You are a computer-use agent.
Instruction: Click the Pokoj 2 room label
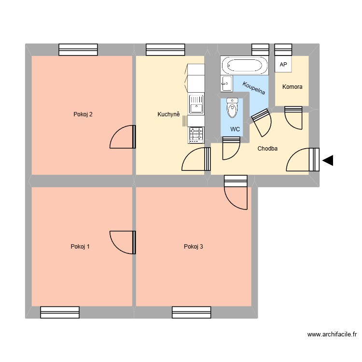click(83, 114)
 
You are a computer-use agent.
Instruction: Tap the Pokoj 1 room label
click(80, 247)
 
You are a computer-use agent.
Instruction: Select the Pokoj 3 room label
click(193, 247)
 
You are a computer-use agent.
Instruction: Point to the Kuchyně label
click(168, 114)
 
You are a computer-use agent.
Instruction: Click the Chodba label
click(267, 149)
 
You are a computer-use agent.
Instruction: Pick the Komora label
click(292, 87)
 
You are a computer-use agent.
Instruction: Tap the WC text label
click(235, 129)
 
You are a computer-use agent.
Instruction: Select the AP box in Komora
click(283, 65)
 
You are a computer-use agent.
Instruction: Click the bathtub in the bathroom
click(244, 65)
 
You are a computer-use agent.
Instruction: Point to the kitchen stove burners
click(196, 135)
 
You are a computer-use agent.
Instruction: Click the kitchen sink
click(196, 104)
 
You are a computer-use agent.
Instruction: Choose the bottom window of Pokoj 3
click(191, 312)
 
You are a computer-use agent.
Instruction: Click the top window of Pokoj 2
click(78, 50)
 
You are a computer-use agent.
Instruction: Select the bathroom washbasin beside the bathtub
click(226, 83)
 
